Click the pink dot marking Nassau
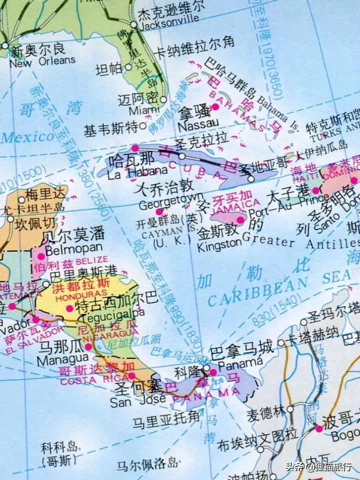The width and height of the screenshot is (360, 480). pyautogui.click(x=215, y=106)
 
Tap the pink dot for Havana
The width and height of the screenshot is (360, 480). pyautogui.click(x=134, y=148)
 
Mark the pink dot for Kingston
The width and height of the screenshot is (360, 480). pyautogui.click(x=240, y=219)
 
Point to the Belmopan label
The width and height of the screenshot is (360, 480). pyautogui.click(x=73, y=247)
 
